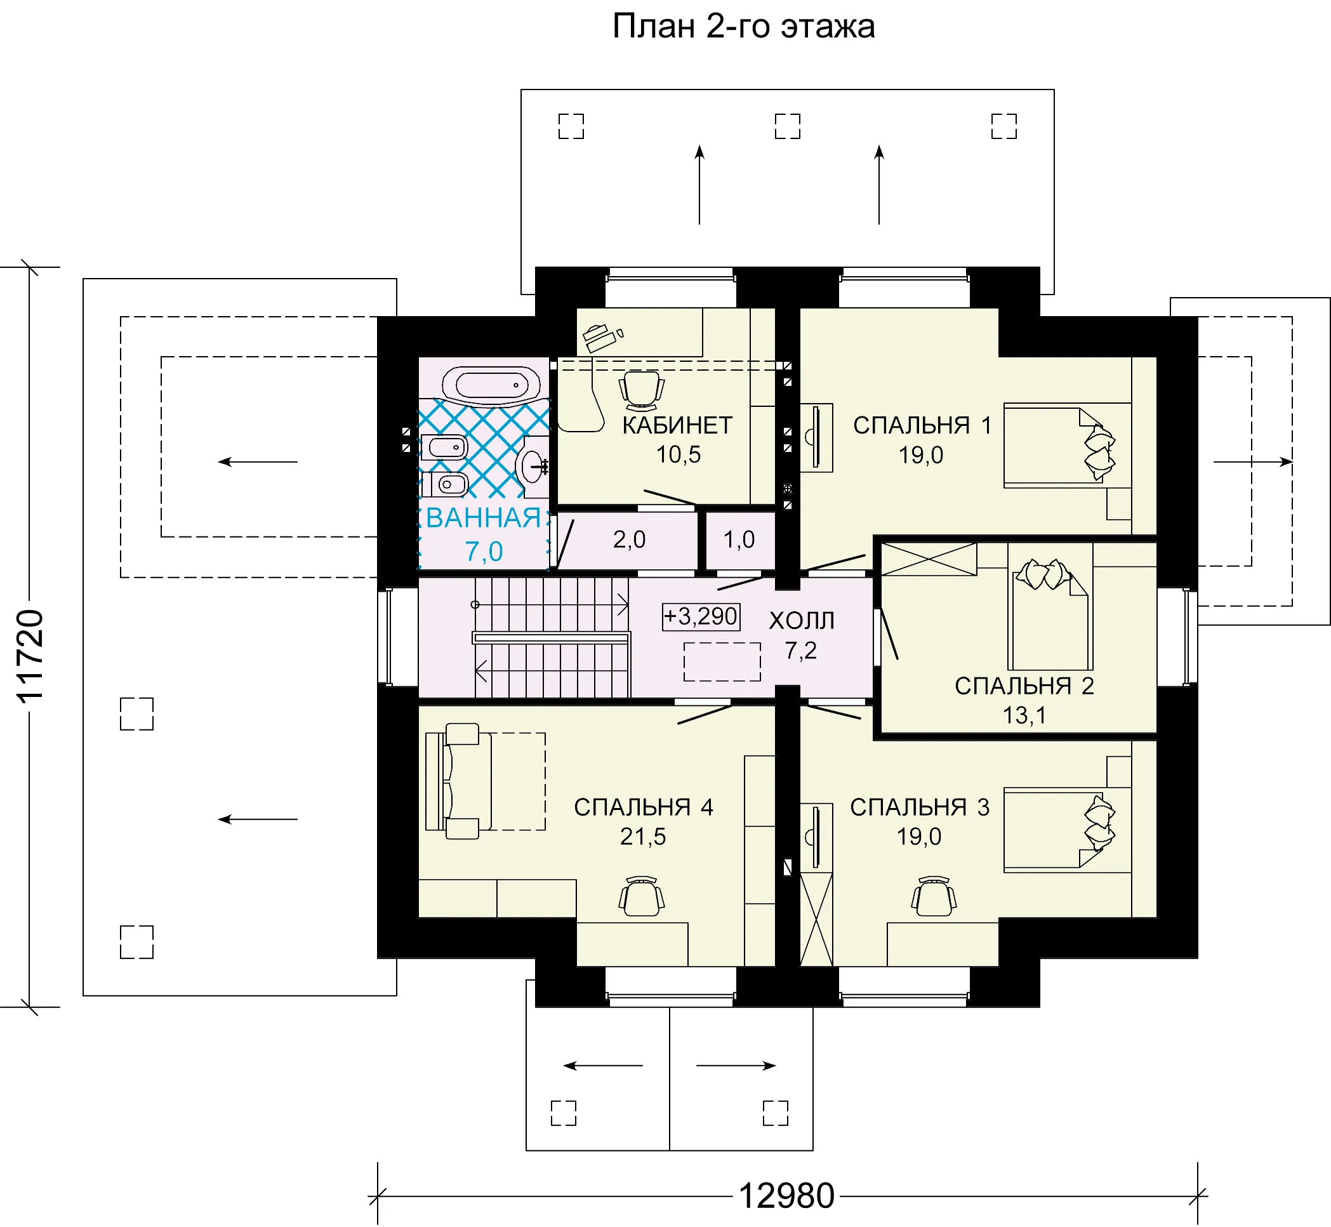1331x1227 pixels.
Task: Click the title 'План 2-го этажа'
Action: [743, 27]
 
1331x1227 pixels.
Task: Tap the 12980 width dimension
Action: [786, 1196]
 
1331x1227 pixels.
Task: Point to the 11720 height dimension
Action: [30, 656]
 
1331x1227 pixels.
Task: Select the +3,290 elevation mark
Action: [701, 617]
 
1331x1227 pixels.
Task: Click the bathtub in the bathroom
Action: [491, 386]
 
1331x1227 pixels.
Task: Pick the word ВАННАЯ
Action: [483, 518]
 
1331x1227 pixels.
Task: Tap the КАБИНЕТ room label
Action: [677, 425]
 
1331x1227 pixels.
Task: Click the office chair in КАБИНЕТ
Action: [641, 390]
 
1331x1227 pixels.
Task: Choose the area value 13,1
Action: [1024, 716]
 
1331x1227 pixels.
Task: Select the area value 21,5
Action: [642, 837]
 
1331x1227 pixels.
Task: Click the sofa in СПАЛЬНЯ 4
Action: [459, 781]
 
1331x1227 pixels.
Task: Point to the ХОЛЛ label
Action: [801, 621]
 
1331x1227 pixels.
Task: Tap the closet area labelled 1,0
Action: [739, 540]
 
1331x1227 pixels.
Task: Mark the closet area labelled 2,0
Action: [628, 540]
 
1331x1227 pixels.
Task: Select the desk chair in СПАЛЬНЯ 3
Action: [934, 896]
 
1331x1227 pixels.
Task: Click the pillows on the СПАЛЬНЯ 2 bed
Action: [1045, 574]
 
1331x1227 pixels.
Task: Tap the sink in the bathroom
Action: [533, 466]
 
